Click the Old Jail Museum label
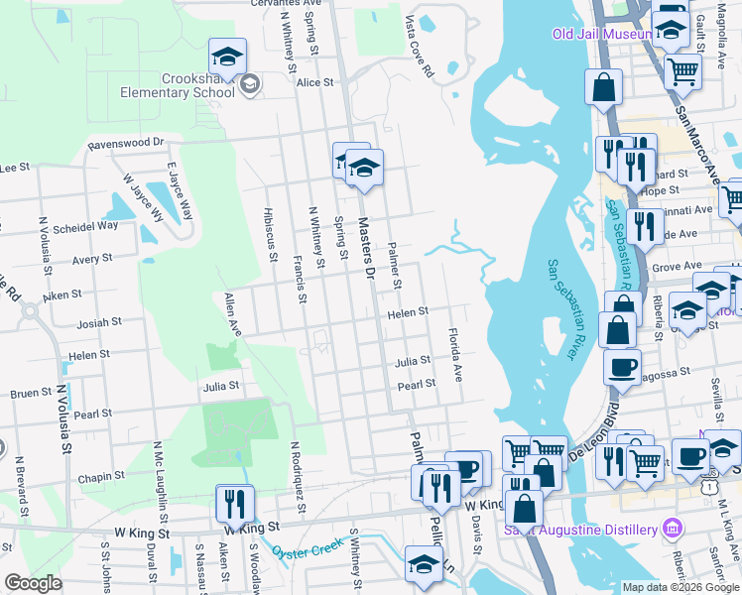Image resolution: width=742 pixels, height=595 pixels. (x=601, y=35)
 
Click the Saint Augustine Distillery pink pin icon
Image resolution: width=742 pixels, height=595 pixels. (x=675, y=525)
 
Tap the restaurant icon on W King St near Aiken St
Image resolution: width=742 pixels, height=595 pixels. (x=235, y=503)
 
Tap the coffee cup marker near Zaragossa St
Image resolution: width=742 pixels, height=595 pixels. (x=622, y=366)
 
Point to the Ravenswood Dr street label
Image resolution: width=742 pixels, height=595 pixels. (x=125, y=143)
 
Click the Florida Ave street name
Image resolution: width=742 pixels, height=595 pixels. (x=455, y=356)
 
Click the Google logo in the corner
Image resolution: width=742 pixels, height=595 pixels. (x=33, y=582)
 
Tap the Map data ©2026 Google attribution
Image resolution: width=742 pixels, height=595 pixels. (x=680, y=587)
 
